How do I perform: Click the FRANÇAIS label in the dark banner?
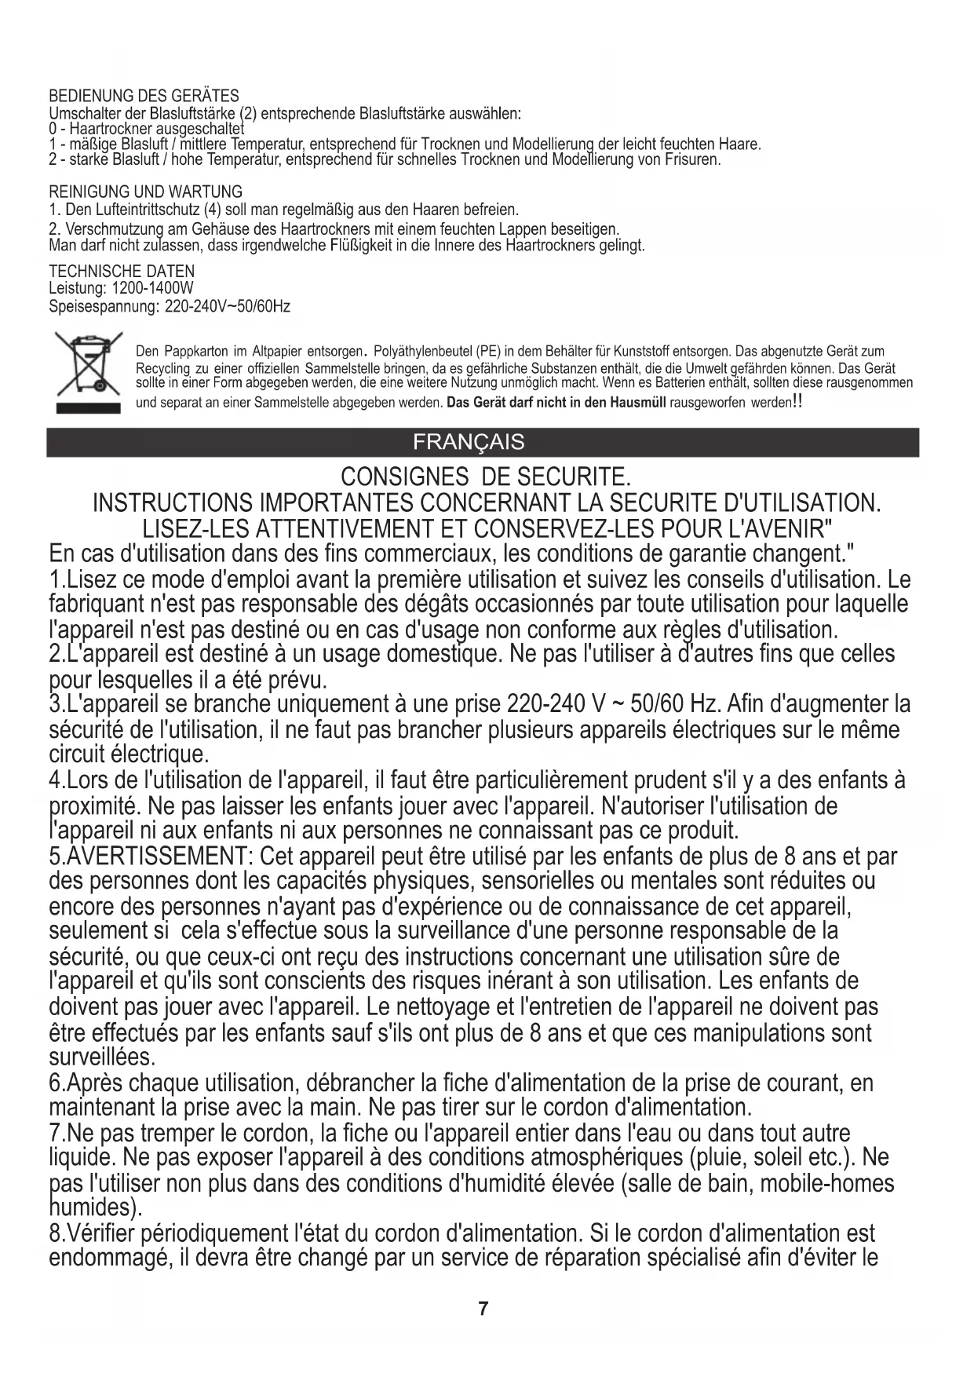(x=469, y=442)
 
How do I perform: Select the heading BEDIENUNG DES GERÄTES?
(x=144, y=97)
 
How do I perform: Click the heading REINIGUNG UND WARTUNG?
(x=145, y=192)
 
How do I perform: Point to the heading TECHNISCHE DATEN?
(x=122, y=272)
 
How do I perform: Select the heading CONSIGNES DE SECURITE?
(x=485, y=477)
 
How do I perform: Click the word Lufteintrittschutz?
(x=129, y=210)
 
